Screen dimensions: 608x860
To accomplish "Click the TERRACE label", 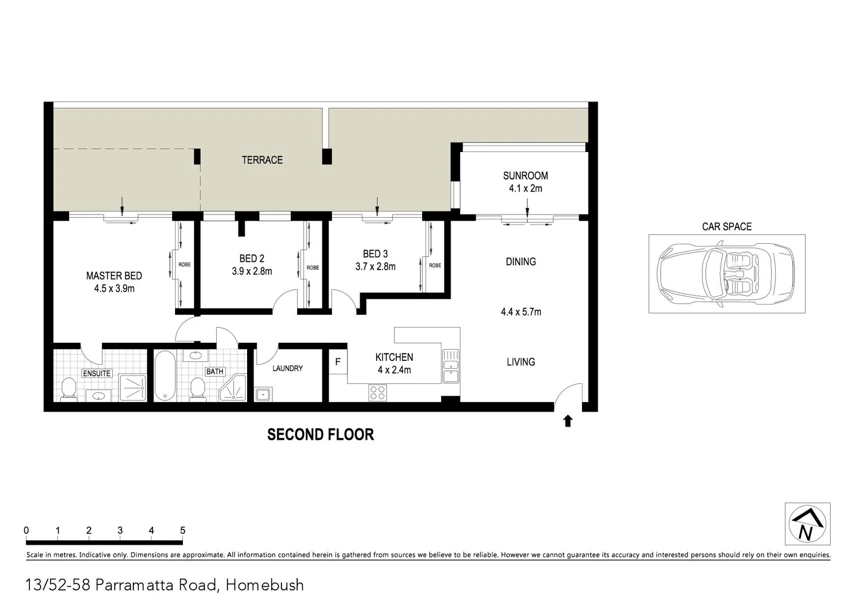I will pos(262,160).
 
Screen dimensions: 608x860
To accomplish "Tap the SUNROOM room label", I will pos(525,176).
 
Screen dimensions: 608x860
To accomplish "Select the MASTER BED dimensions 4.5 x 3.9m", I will pos(114,289).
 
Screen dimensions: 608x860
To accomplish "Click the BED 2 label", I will pos(252,258).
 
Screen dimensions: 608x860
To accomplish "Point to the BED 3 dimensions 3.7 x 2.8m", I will pos(375,267).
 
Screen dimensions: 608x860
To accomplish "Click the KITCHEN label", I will pos(394,357).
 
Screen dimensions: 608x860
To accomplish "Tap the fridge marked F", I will pos(338,362).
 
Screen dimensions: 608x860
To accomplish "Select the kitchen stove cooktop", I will pos(377,392).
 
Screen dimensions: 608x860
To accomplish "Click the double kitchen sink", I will pos(451,366).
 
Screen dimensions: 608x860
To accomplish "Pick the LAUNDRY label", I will pos(288,368).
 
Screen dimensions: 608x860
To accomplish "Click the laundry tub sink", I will pos(263,394).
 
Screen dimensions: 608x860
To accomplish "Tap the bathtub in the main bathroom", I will pos(165,375).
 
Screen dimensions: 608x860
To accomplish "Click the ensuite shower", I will pos(133,388).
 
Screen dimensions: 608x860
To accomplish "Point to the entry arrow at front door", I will pos(567,421).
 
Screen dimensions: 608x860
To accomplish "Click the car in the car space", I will pos(726,274).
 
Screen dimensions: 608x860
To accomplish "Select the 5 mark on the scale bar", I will pos(182,530).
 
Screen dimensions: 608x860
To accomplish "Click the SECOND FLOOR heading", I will pos(320,435).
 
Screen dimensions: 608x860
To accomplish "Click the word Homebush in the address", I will pos(265,585).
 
